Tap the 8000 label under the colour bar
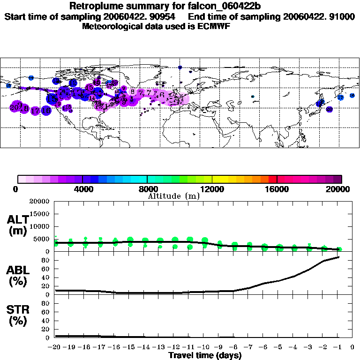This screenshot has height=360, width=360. click(147, 189)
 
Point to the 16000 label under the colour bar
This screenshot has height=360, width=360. click(277, 189)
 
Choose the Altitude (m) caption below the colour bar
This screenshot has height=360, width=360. click(173, 195)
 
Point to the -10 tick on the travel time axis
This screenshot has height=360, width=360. click(204, 348)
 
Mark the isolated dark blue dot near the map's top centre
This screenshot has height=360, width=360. click(180, 67)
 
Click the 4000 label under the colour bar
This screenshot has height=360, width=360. click(82, 189)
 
